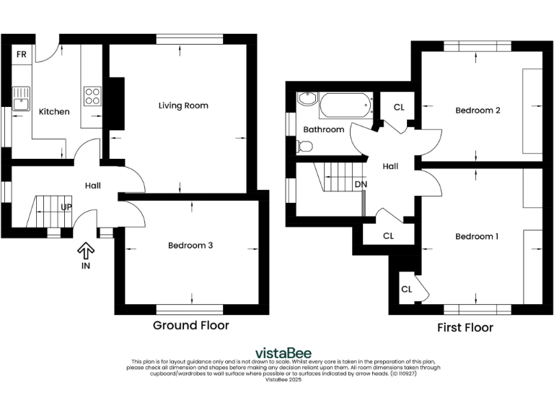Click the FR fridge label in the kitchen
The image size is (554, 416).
point(22,54)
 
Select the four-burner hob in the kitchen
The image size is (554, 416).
point(93,96)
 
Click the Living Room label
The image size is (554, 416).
point(183,105)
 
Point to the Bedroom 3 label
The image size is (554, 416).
point(190,246)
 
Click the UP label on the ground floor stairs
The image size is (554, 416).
point(66,207)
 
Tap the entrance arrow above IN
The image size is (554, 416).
point(86,251)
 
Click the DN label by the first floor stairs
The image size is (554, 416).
point(360,183)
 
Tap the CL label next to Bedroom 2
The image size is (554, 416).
point(399,108)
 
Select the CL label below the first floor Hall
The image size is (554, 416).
point(388,235)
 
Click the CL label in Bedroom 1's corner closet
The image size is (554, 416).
point(406,289)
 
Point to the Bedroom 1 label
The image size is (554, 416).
point(478,236)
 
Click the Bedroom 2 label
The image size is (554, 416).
point(478,110)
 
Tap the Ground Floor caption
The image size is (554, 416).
point(190,325)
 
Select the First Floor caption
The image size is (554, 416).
point(465,328)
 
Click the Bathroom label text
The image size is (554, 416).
point(323,129)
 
